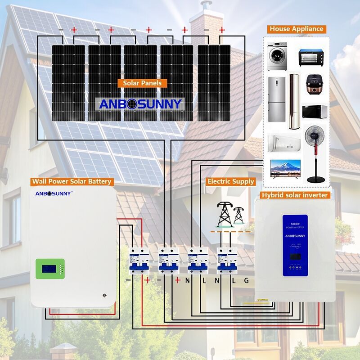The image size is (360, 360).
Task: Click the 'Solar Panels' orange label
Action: click(142, 83)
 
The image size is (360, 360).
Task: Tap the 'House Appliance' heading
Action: click(297, 29)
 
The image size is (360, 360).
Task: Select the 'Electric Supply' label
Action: click(231, 181)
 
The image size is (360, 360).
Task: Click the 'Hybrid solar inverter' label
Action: click(295, 195)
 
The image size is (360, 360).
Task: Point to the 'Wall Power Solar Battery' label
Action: click(71, 181)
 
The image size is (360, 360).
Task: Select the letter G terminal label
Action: click(246, 281)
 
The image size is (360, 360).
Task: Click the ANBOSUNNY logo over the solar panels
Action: click(140, 104)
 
